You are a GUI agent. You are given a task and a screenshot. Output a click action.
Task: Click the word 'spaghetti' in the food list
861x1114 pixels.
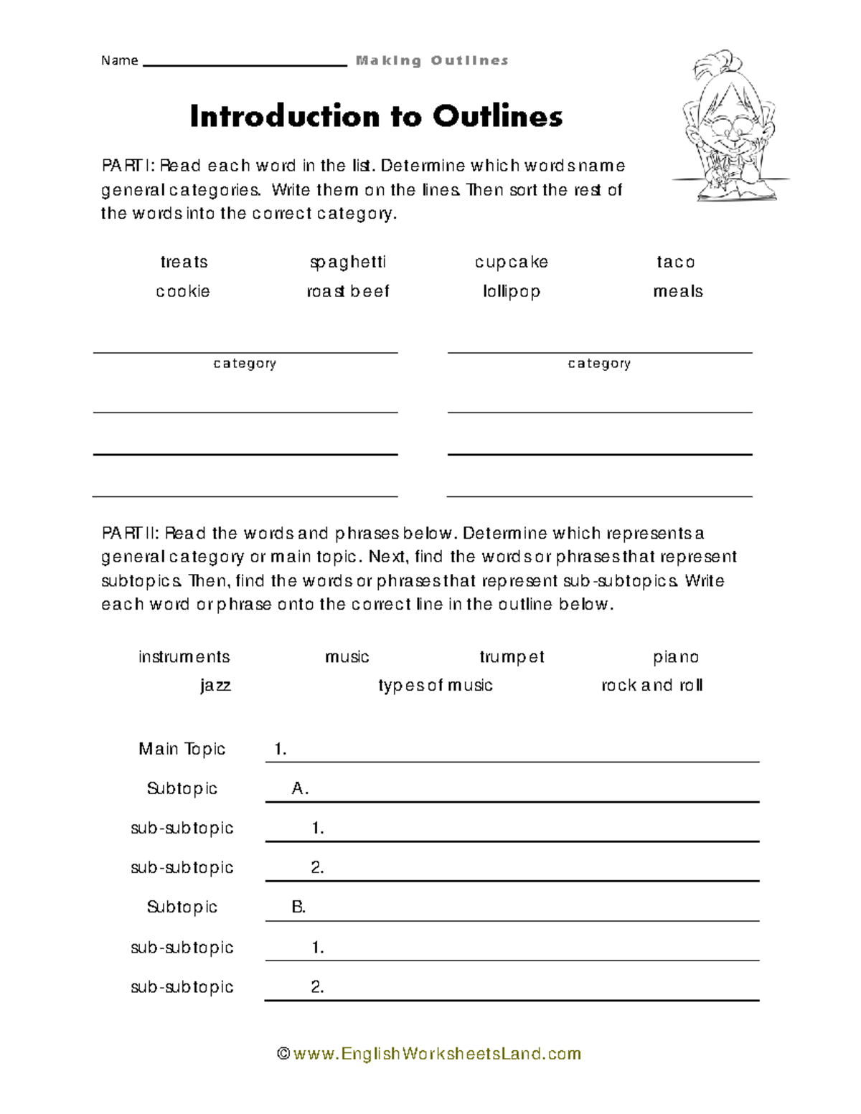pyautogui.click(x=348, y=263)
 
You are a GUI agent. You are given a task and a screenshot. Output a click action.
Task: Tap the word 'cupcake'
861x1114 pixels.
pyautogui.click(x=511, y=263)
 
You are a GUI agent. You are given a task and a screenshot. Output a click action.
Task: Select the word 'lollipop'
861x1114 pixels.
pyautogui.click(x=511, y=292)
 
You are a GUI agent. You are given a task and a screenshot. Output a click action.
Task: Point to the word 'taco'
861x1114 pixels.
pyautogui.click(x=676, y=263)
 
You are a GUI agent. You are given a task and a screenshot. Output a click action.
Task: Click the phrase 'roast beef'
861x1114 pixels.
pyautogui.click(x=348, y=292)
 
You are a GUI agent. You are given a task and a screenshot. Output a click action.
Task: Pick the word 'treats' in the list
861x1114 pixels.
pyautogui.click(x=184, y=263)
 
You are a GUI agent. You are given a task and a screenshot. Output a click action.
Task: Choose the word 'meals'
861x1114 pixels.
pyautogui.click(x=677, y=292)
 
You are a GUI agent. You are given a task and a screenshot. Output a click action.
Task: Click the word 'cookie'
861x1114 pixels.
pyautogui.click(x=183, y=292)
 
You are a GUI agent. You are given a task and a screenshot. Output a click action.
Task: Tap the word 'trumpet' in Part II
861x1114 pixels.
pyautogui.click(x=512, y=657)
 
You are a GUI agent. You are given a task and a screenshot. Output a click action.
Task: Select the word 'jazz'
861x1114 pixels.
pyautogui.click(x=215, y=686)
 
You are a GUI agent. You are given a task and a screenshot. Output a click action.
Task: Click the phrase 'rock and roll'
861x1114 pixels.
pyautogui.click(x=651, y=686)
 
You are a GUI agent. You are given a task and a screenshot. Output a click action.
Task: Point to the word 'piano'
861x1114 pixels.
pyautogui.click(x=676, y=657)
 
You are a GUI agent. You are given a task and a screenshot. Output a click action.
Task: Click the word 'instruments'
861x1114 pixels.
pyautogui.click(x=184, y=657)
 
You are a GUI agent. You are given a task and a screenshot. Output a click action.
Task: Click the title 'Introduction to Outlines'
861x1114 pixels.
pyautogui.click(x=376, y=116)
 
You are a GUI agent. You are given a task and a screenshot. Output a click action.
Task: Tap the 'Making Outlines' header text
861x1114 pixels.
pyautogui.click(x=432, y=61)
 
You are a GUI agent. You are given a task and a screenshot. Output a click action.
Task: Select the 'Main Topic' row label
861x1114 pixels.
pyautogui.click(x=182, y=749)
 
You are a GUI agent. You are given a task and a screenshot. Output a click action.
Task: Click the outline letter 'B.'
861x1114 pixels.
pyautogui.click(x=298, y=907)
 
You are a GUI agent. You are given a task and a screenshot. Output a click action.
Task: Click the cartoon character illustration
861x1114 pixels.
pyautogui.click(x=730, y=126)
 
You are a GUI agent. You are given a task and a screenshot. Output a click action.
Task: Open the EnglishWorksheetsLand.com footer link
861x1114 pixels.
pyautogui.click(x=429, y=1054)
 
